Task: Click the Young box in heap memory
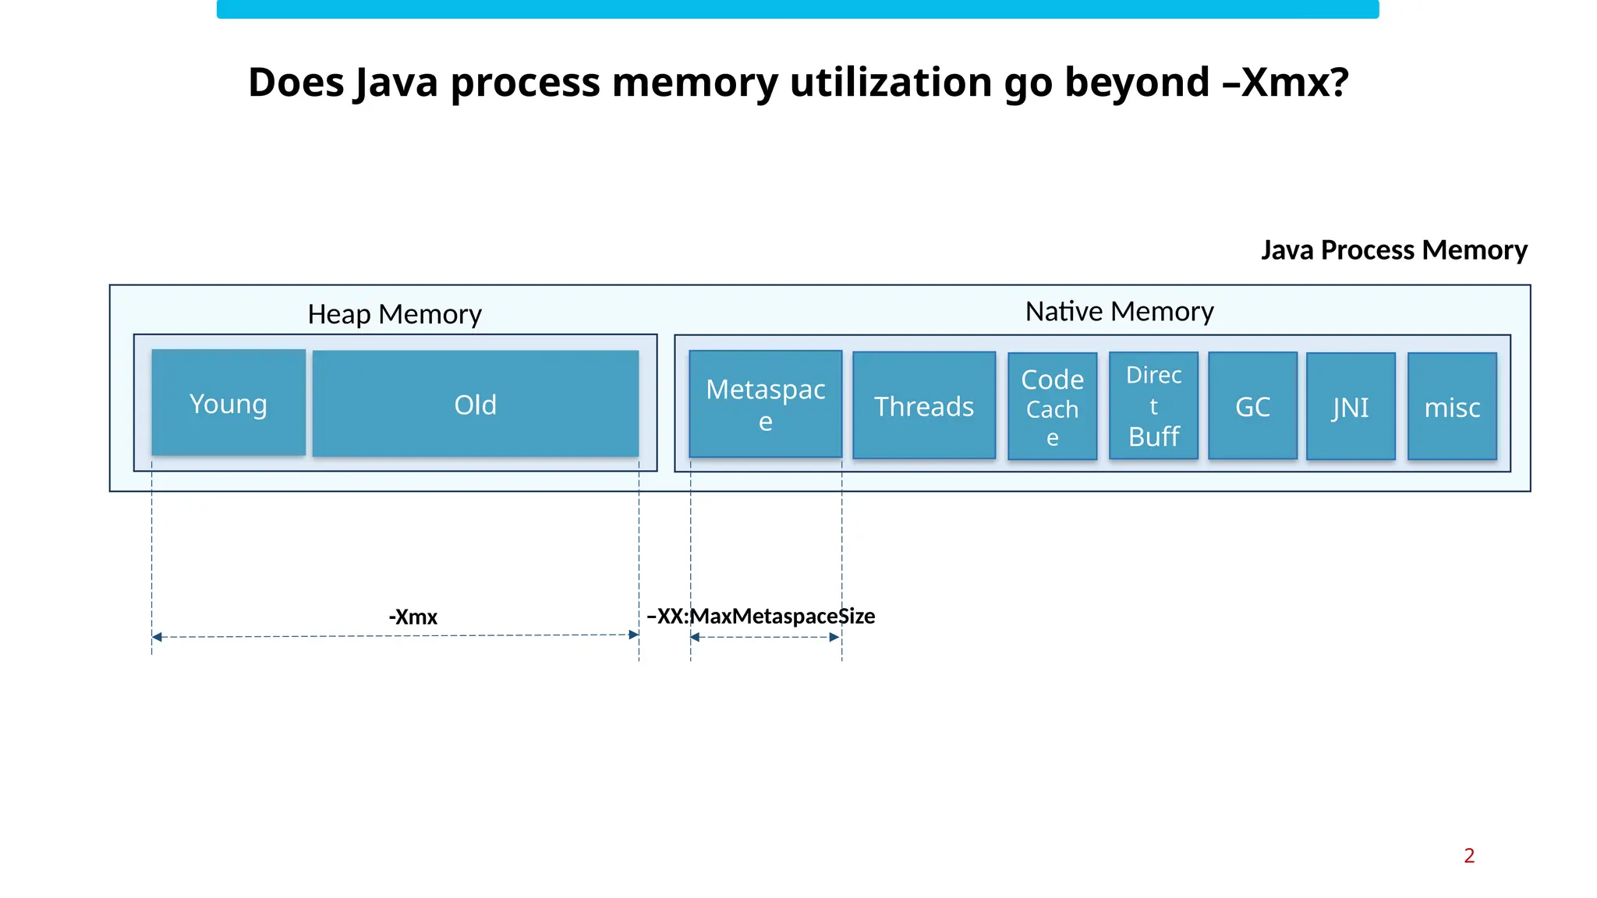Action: point(228,403)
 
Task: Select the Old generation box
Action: point(476,404)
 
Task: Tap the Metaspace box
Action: point(766,404)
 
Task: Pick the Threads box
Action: point(924,405)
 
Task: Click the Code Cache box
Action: point(1052,406)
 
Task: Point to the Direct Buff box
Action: point(1153,406)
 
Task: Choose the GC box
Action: point(1252,406)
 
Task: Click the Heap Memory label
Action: point(395,314)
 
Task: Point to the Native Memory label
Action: point(1119,311)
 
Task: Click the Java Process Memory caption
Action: point(1394,249)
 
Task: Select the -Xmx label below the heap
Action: point(413,617)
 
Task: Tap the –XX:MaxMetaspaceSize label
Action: point(761,616)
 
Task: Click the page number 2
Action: point(1469,855)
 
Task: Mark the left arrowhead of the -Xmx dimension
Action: point(157,637)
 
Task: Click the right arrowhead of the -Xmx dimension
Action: point(634,635)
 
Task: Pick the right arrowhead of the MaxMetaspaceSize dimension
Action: point(834,637)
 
